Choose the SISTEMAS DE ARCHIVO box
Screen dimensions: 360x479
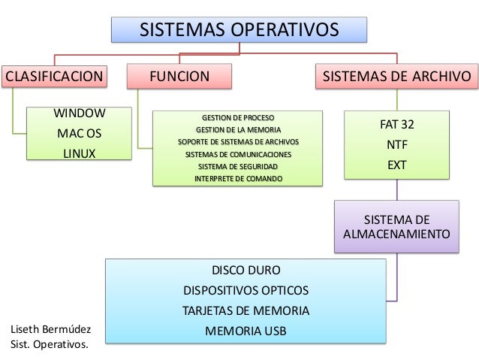pos(397,76)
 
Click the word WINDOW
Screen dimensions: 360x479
pos(78,114)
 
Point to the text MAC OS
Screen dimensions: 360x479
pos(79,134)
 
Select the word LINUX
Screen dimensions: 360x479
pos(79,153)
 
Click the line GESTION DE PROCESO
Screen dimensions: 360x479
pos(238,118)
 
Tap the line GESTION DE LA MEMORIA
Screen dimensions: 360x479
pos(238,130)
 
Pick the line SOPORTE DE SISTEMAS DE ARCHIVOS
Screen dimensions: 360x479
pos(238,142)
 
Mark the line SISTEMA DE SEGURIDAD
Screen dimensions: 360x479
pos(238,166)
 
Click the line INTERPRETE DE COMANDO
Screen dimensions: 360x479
pos(238,178)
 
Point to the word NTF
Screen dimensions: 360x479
pos(397,144)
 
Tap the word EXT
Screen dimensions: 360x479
pos(397,163)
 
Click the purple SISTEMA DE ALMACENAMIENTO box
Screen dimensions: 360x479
pos(397,227)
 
